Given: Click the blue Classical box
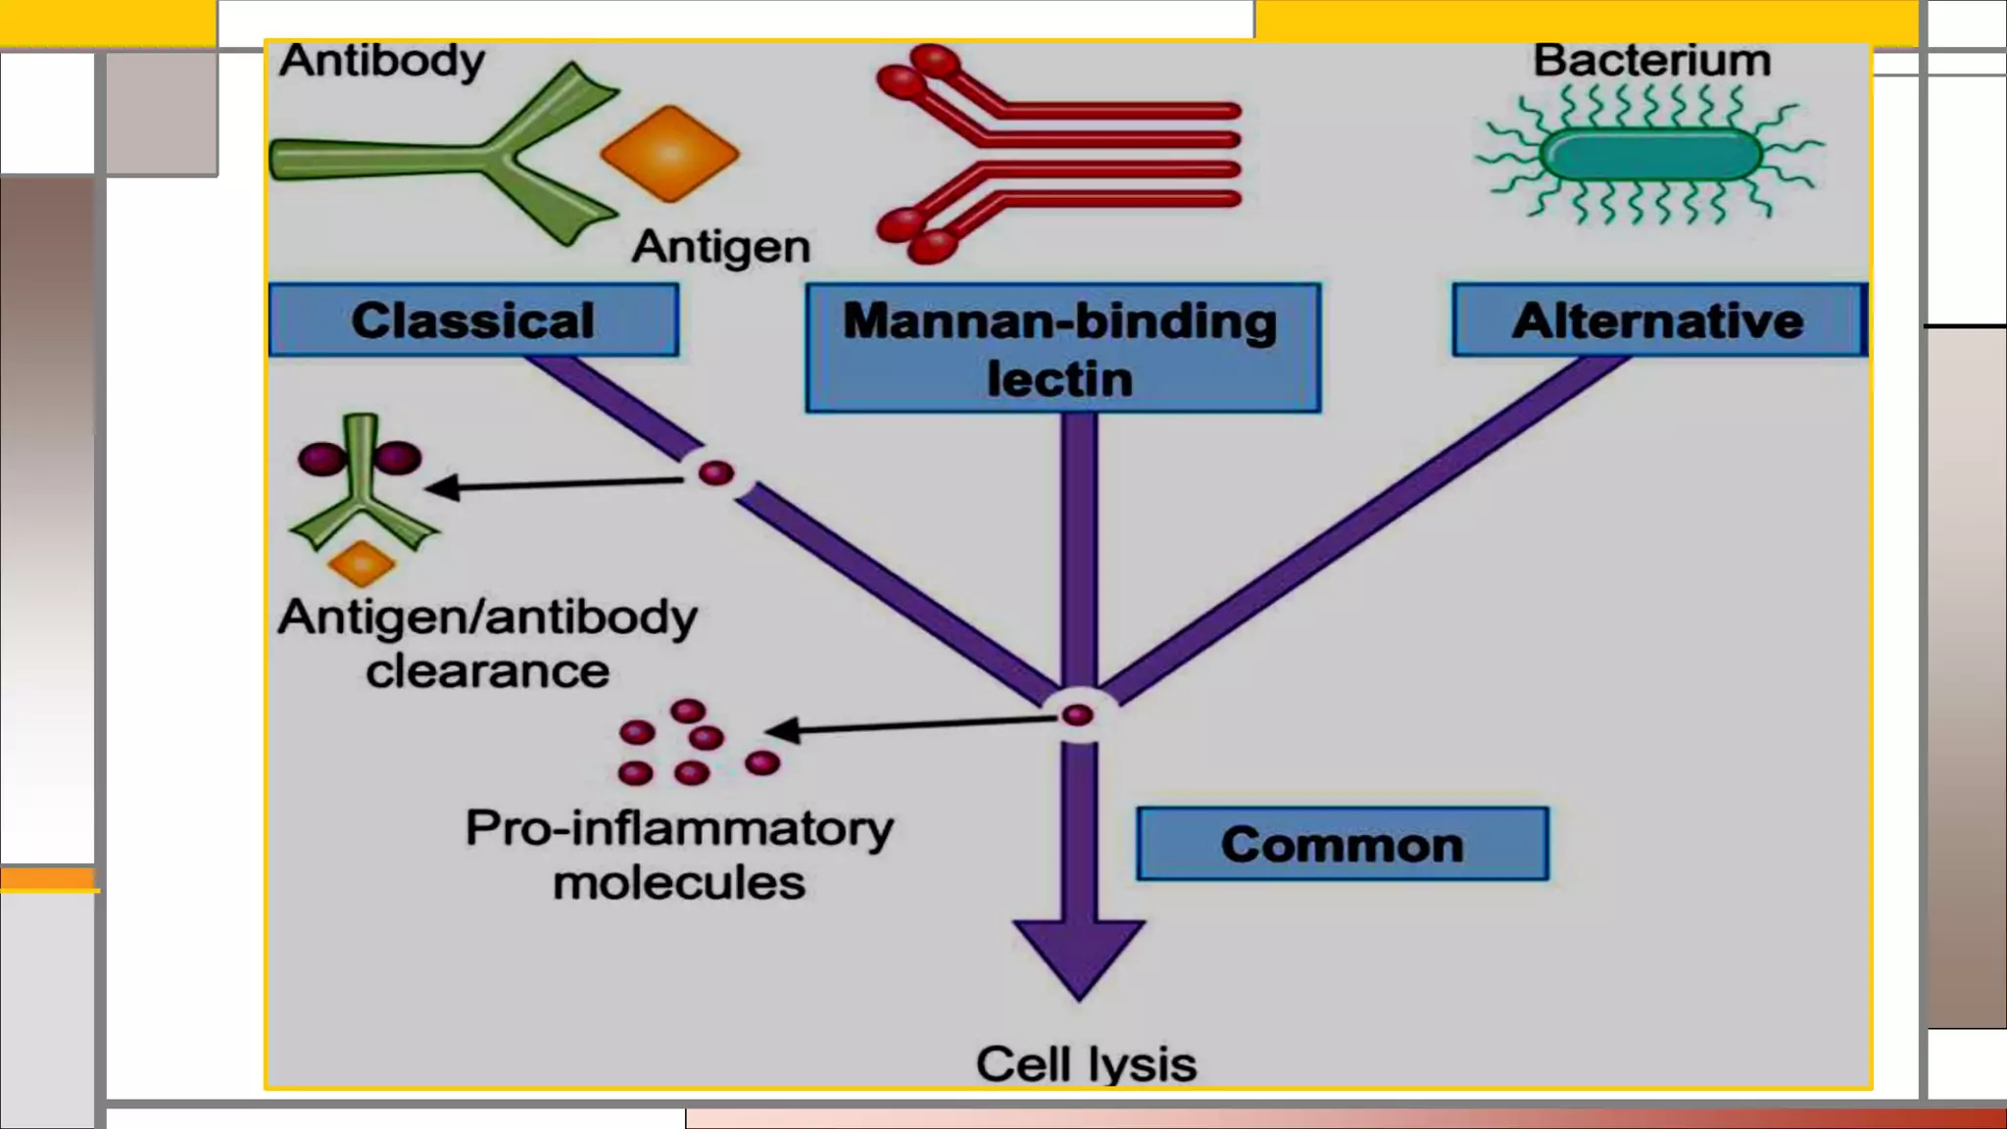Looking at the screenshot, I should pyautogui.click(x=473, y=320).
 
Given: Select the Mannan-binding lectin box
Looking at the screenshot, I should pyautogui.click(x=1062, y=349).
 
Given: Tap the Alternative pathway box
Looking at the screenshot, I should pyautogui.click(x=1658, y=320).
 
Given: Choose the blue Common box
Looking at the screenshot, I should pyautogui.click(x=1343, y=844).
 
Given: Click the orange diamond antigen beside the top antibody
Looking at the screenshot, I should pyautogui.click(x=670, y=154).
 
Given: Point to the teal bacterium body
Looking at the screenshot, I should pyautogui.click(x=1651, y=155).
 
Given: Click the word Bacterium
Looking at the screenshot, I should pyautogui.click(x=1652, y=61).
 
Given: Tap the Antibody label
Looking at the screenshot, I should pyautogui.click(x=382, y=61).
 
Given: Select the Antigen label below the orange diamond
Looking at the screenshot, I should pyautogui.click(x=722, y=246).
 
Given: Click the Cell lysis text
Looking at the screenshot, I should pyautogui.click(x=1086, y=1064).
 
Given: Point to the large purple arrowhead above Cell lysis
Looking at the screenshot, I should pyautogui.click(x=1079, y=956).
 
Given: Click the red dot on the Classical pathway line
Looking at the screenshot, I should pyautogui.click(x=716, y=473).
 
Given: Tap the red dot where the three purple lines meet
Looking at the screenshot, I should pyautogui.click(x=1078, y=715).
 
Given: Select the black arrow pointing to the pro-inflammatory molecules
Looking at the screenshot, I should pyautogui.click(x=911, y=725).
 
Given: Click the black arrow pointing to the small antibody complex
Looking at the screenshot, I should pyautogui.click(x=554, y=484).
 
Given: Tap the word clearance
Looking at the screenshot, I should pyautogui.click(x=487, y=671).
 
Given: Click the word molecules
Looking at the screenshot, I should pyautogui.click(x=679, y=883).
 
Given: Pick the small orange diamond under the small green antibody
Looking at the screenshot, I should pyautogui.click(x=362, y=564).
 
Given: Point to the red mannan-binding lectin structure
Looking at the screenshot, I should pyautogui.click(x=1058, y=155).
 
